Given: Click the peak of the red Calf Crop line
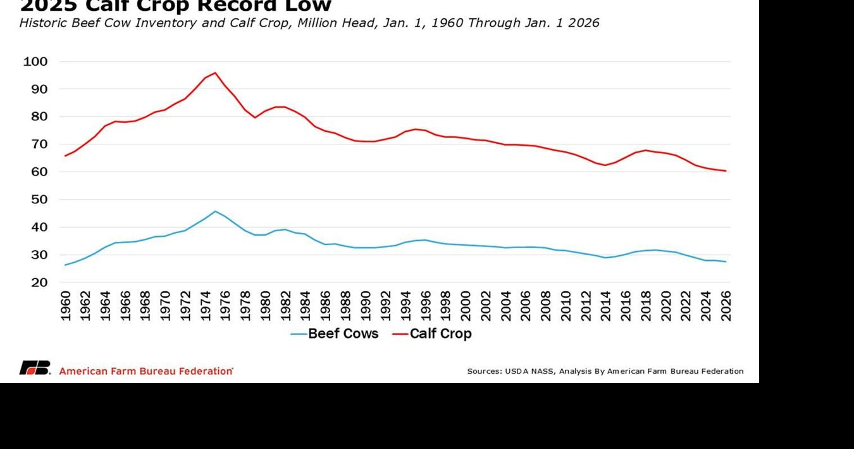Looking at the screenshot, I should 215,73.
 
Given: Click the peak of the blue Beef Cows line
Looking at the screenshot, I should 215,212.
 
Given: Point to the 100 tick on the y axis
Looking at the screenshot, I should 35,62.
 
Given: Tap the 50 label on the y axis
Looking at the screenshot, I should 35,199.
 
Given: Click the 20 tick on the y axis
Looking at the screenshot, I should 35,282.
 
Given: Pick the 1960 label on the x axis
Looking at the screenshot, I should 65,306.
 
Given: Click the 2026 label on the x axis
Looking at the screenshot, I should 726,306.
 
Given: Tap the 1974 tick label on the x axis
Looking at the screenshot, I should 206,306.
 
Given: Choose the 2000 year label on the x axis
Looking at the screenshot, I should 466,306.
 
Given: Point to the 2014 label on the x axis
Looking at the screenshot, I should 606,306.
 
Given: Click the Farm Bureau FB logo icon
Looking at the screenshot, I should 35,368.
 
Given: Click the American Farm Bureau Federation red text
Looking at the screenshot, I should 145,371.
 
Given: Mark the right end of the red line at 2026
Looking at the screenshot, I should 726,171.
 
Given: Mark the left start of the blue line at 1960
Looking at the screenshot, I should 65,265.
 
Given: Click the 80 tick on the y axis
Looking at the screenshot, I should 35,117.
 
